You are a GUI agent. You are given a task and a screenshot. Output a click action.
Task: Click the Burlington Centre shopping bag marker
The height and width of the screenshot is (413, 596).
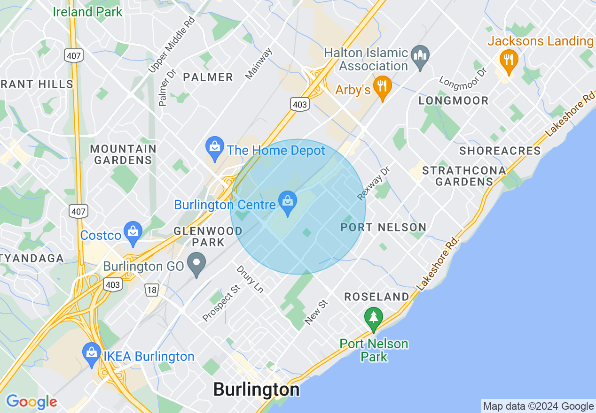click(x=287, y=201)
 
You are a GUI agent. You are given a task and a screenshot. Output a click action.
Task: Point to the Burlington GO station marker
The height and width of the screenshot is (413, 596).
click(x=196, y=263)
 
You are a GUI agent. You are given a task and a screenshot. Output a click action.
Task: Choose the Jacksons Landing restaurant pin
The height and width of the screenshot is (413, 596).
click(x=508, y=59)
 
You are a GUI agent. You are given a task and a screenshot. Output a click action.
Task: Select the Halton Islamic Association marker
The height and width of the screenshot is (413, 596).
click(x=420, y=55)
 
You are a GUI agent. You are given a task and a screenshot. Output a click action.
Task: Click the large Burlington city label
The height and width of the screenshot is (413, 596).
click(x=256, y=390)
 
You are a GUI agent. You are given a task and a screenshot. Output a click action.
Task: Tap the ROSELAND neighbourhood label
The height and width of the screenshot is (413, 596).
click(x=377, y=297)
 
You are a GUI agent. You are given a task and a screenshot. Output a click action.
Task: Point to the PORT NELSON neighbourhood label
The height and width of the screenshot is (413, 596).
click(x=383, y=228)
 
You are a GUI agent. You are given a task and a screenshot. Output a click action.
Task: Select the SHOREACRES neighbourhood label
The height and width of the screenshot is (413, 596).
click(x=500, y=151)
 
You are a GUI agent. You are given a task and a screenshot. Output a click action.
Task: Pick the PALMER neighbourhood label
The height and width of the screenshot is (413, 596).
click(x=208, y=77)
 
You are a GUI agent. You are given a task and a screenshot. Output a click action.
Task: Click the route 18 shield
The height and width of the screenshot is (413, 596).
click(x=152, y=291)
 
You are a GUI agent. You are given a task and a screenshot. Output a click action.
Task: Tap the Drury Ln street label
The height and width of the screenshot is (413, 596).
click(x=249, y=279)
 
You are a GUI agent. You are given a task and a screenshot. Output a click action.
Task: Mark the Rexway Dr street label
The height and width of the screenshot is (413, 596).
click(x=374, y=183)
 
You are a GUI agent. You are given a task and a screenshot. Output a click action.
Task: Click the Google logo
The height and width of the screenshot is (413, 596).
click(x=31, y=402)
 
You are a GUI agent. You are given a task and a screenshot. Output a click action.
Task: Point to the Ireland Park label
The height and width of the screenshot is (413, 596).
click(x=87, y=12)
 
